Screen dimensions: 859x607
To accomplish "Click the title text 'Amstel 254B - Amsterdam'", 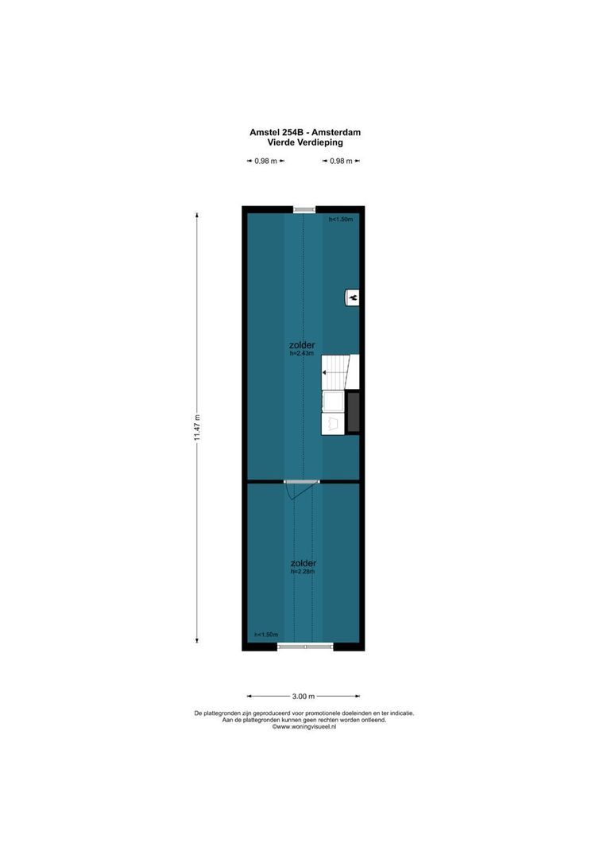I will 304,133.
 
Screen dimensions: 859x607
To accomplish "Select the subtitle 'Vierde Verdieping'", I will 304,142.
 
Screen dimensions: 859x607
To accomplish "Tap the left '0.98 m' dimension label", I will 265,161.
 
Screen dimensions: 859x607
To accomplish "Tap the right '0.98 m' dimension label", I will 341,161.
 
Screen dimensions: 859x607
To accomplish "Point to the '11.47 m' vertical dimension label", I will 197,430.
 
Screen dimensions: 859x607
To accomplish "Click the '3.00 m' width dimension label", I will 304,697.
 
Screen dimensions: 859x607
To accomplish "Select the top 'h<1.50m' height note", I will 341,219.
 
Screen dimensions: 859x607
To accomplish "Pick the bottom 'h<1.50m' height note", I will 266,635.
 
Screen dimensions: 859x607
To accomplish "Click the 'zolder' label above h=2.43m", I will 302,346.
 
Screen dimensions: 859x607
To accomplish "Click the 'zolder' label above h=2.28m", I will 302,563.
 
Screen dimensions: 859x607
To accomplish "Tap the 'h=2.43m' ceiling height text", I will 302,354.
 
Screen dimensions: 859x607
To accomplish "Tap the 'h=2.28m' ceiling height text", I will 302,571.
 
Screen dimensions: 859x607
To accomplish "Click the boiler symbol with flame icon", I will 353,297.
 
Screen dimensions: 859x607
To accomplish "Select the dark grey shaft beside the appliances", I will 354,411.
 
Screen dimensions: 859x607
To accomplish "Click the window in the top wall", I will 304,209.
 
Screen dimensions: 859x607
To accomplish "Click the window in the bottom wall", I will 304,647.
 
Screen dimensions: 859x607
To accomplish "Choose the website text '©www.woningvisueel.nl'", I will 304,727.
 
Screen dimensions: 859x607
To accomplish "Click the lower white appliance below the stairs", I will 333,422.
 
